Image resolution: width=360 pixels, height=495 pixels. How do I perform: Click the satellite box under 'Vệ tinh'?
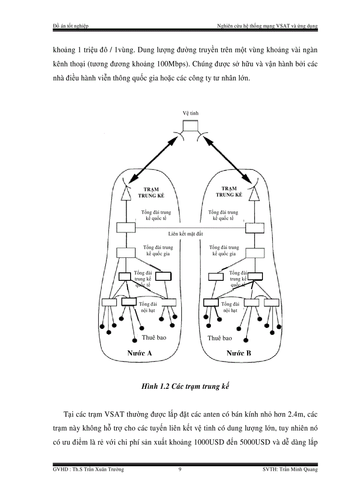pos(191,125)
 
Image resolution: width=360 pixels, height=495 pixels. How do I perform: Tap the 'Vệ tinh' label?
pos(191,113)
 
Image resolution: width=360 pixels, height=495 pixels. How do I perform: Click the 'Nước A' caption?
pos(139,353)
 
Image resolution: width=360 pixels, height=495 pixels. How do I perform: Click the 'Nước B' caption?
pos(239,353)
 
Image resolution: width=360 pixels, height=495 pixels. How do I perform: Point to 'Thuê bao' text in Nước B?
pos(220,338)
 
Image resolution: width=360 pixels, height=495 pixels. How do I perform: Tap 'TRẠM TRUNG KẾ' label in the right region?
pos(229,191)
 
